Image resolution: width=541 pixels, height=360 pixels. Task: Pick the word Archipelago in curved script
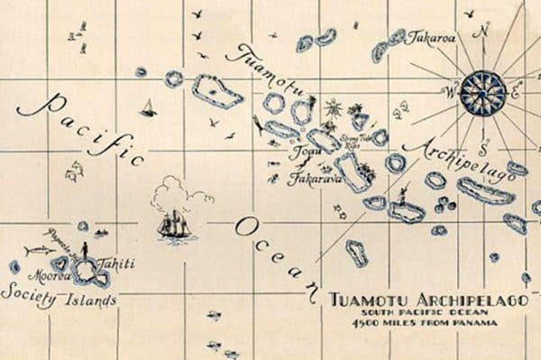point(458,159)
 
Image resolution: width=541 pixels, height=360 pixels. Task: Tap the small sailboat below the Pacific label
point(148,108)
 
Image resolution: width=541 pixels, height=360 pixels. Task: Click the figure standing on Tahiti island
point(86,249)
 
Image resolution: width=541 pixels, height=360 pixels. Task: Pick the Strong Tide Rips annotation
point(350,141)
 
